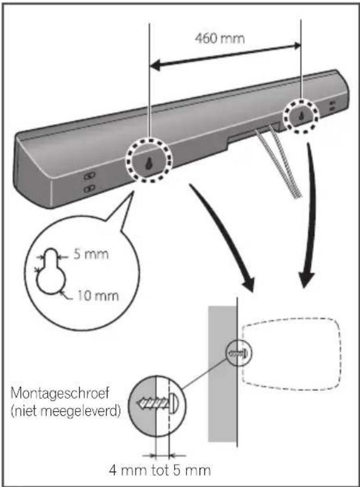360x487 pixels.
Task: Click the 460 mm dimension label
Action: pyautogui.click(x=220, y=38)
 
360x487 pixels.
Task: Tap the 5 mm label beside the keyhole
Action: pyautogui.click(x=91, y=254)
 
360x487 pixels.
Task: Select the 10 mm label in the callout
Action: pyautogui.click(x=98, y=295)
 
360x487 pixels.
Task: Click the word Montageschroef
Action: pyautogui.click(x=60, y=393)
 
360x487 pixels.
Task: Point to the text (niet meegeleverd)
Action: pyautogui.click(x=65, y=410)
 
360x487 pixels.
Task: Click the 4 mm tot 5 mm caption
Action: pyautogui.click(x=160, y=470)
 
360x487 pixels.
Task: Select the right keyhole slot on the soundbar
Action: pyautogui.click(x=301, y=116)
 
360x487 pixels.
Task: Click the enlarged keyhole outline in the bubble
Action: pyautogui.click(x=51, y=271)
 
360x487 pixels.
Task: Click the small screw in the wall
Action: pyautogui.click(x=239, y=353)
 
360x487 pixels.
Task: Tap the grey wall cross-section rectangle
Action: pyautogui.click(x=222, y=374)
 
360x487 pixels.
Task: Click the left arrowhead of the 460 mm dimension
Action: pyautogui.click(x=155, y=65)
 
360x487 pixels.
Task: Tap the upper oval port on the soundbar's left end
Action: pyautogui.click(x=90, y=176)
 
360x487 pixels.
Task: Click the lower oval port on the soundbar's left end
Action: pyautogui.click(x=90, y=188)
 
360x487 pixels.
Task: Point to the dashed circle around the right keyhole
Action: pyautogui.click(x=301, y=116)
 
